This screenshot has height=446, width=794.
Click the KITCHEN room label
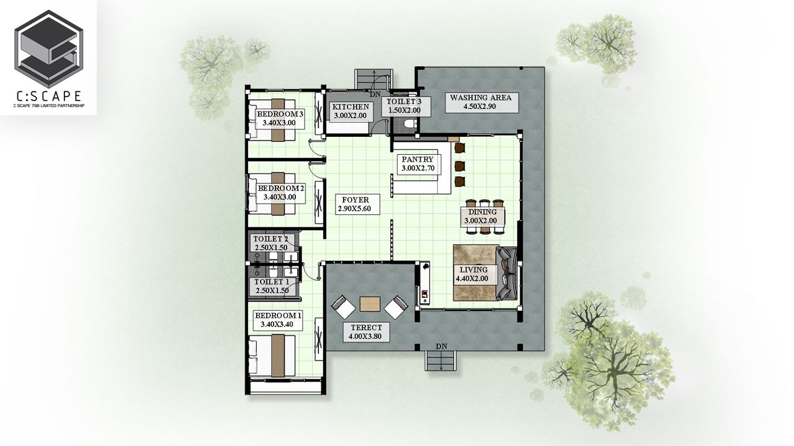point(350,111)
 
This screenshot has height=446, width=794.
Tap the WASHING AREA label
point(481,102)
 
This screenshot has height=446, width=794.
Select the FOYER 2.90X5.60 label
point(355,204)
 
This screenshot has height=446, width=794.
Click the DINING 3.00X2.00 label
point(483,216)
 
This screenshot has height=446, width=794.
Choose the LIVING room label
point(474,274)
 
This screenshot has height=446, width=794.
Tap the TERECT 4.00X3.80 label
point(366,332)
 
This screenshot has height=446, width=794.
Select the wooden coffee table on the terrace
point(370,304)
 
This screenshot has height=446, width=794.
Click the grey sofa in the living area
point(507,273)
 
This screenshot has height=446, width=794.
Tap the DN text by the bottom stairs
point(442,346)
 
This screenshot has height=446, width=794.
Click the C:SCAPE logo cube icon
point(48,49)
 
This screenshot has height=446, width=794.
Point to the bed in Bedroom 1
point(272,356)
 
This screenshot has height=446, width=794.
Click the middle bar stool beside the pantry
point(460,165)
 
